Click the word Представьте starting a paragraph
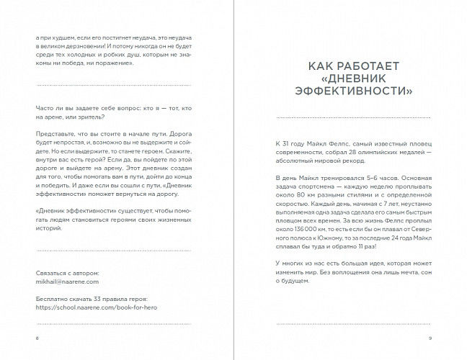pyautogui.click(x=55, y=135)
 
